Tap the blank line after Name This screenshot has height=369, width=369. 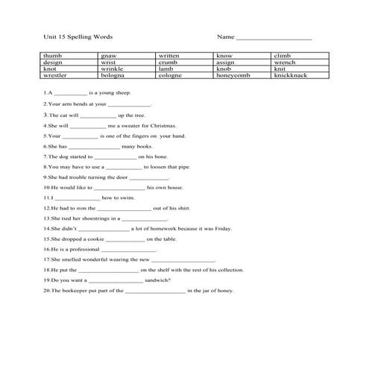coord(274,37)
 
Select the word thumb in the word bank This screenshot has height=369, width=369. coord(52,56)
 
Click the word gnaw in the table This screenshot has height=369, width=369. coord(108,56)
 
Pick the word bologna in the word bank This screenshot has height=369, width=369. coord(113,75)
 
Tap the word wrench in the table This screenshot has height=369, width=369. coord(285,63)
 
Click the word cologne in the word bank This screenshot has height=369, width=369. coord(171,75)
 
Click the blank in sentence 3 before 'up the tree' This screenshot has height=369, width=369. coord(98,116)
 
